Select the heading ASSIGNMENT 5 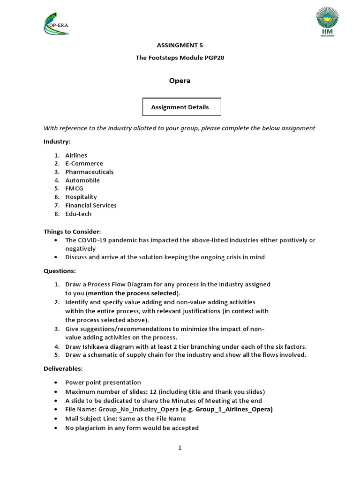point(180,45)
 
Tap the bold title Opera point(180,81)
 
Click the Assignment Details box point(181,107)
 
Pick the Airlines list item point(76,155)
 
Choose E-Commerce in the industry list point(84,164)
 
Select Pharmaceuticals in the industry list point(89,172)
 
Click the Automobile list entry point(82,180)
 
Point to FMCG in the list point(74,189)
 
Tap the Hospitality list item point(81,197)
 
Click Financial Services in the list point(90,206)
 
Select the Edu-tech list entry point(78,214)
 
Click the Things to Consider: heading point(72,232)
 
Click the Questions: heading point(60,271)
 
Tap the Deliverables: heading point(63,369)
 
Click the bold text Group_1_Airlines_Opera point(234,410)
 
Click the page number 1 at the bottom point(180,448)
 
